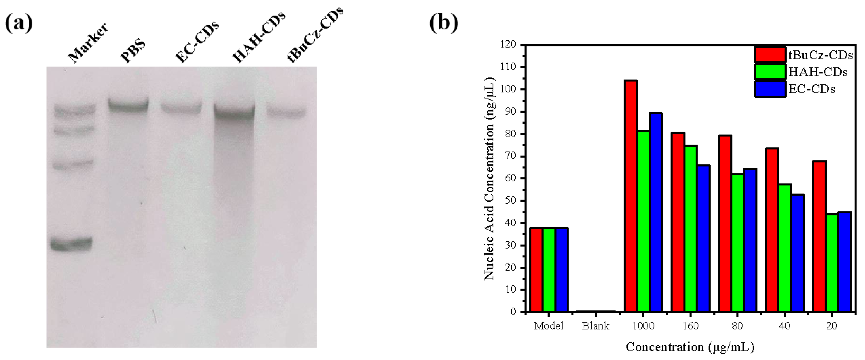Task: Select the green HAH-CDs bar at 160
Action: pos(690,228)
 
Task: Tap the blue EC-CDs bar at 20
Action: pos(844,262)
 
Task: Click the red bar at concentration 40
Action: pos(772,230)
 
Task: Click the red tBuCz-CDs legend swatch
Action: pos(770,55)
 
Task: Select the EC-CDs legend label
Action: pos(812,89)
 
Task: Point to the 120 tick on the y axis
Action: pos(508,45)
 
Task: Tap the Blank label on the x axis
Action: pos(596,326)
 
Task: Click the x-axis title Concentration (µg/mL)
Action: pos(690,347)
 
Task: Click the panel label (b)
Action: pos(444,23)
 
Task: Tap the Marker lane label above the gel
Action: pos(88,43)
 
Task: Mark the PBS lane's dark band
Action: pos(128,105)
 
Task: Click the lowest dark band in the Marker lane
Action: pos(71,244)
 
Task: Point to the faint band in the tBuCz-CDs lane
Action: pos(287,112)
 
